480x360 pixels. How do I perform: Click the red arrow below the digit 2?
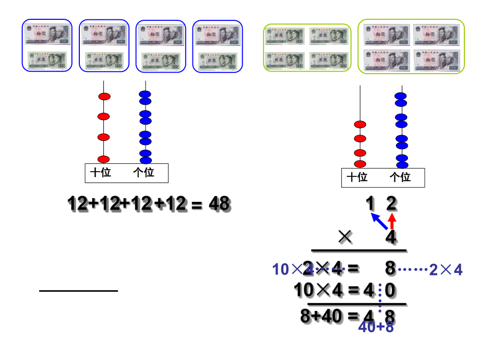click(x=392, y=221)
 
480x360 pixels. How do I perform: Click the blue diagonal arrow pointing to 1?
click(x=380, y=221)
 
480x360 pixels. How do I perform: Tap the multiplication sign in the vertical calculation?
click(x=345, y=238)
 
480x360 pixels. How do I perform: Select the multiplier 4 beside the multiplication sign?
click(x=391, y=238)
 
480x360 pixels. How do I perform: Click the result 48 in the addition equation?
click(x=219, y=204)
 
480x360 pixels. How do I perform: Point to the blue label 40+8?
click(x=376, y=327)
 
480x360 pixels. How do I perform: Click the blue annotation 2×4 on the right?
click(x=446, y=270)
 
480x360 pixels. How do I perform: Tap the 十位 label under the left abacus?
click(x=101, y=173)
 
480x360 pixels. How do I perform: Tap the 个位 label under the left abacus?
click(x=143, y=173)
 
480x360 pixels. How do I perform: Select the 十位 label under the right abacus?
click(x=357, y=177)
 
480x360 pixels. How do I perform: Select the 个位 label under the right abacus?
click(x=400, y=177)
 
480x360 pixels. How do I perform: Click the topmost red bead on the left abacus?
click(x=104, y=97)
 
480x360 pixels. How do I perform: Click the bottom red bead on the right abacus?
click(x=359, y=164)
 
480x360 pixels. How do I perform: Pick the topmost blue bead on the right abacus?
click(x=401, y=97)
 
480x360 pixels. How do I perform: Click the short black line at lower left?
click(x=78, y=291)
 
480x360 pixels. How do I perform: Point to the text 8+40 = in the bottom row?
click(x=324, y=316)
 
